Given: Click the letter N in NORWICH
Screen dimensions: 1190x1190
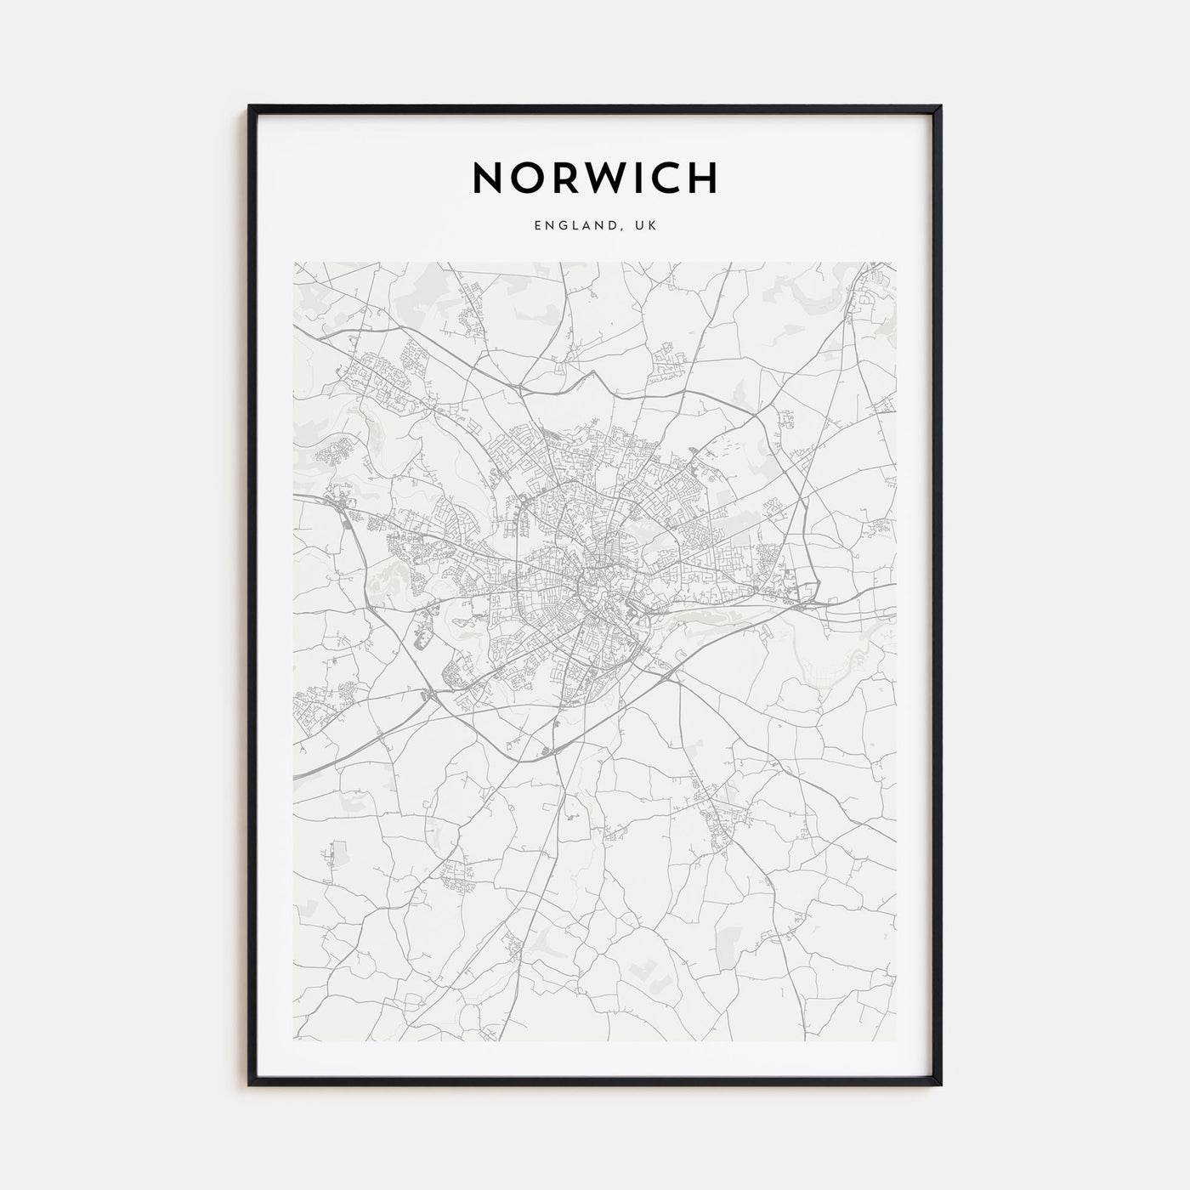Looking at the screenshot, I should click(x=490, y=178).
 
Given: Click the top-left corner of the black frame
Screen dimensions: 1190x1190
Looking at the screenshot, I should click(x=250, y=106).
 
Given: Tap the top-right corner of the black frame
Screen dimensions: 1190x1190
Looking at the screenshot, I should click(x=941, y=106).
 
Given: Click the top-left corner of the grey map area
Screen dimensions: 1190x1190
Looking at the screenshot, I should click(x=294, y=263).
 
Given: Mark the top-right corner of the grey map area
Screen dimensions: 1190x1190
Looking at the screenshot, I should click(x=897, y=263).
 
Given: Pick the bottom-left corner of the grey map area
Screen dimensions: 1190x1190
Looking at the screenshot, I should click(x=294, y=1040).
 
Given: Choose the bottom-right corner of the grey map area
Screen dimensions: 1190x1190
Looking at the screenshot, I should click(x=897, y=1040).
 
